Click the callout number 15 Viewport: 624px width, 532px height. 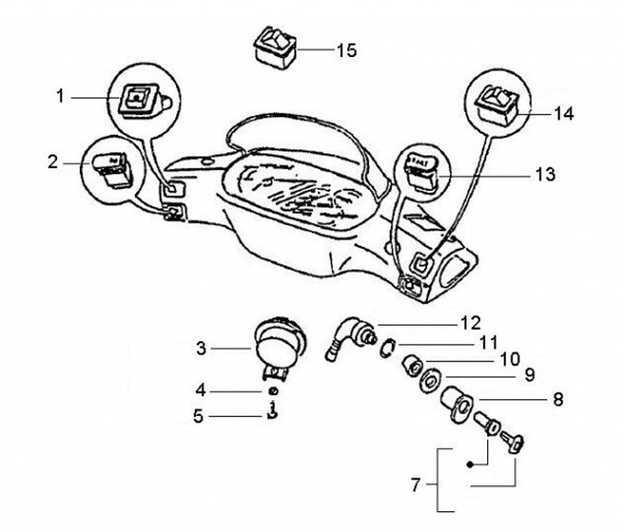[x=346, y=50]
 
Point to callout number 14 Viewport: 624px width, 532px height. [x=563, y=114]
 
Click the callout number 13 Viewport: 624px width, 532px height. [x=544, y=174]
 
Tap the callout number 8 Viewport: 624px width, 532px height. [x=557, y=399]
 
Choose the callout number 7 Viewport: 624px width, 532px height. [x=415, y=486]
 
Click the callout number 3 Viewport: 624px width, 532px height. [x=201, y=348]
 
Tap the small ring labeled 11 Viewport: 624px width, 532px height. [x=389, y=349]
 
